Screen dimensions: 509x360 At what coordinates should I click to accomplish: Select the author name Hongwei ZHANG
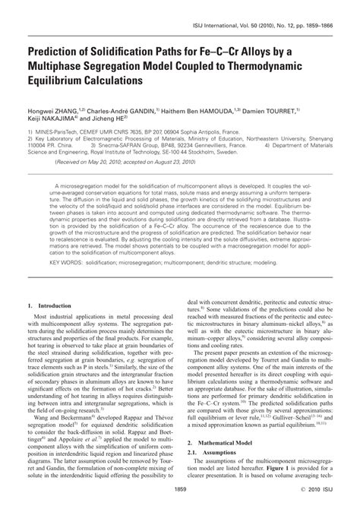[x=56, y=111]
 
